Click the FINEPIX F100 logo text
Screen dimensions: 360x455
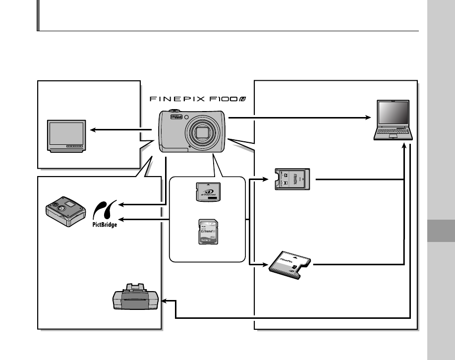click(201, 99)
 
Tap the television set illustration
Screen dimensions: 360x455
click(66, 134)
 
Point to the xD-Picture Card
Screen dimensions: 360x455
click(209, 192)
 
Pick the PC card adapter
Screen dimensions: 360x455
click(292, 180)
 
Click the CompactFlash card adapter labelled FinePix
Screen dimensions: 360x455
click(290, 266)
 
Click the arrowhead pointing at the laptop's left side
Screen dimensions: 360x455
click(369, 118)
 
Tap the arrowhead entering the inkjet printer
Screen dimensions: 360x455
click(166, 301)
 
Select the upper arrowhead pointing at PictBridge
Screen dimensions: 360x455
click(122, 203)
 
